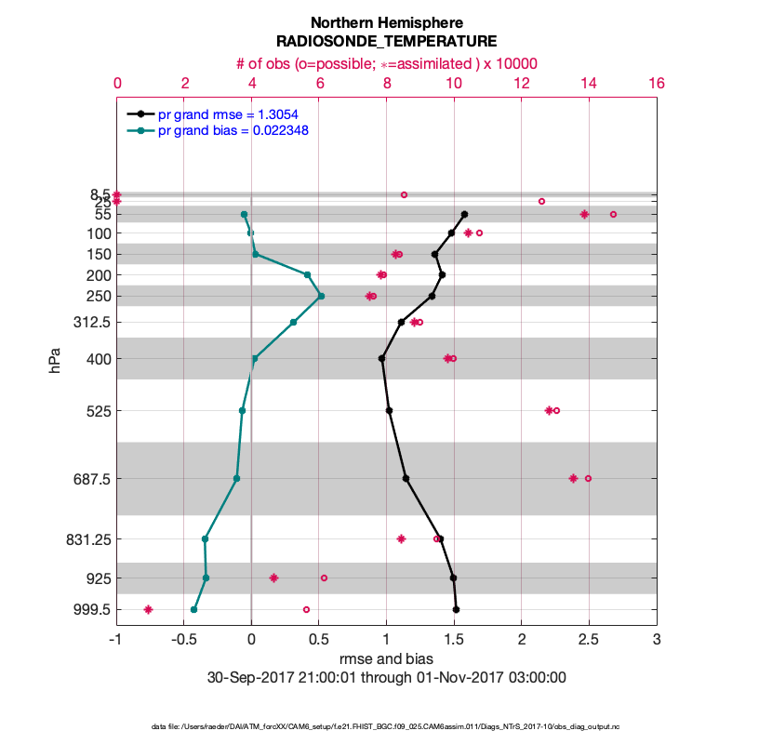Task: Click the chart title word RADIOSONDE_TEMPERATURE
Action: point(386,42)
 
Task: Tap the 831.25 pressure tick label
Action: point(86,539)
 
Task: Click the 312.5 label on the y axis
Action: point(89,323)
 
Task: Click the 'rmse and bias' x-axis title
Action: point(386,659)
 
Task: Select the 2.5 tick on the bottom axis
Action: point(589,641)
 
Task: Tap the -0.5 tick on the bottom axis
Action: point(184,641)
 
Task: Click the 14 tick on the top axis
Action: point(589,83)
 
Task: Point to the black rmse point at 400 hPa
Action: point(382,358)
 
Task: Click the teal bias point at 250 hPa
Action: point(321,296)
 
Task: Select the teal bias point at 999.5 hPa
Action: point(193,610)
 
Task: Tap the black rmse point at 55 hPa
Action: point(464,214)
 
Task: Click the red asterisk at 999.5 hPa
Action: point(148,610)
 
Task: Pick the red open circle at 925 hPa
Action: point(324,578)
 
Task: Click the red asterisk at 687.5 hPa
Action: point(573,478)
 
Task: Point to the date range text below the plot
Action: point(386,677)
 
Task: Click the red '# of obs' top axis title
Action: point(386,63)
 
